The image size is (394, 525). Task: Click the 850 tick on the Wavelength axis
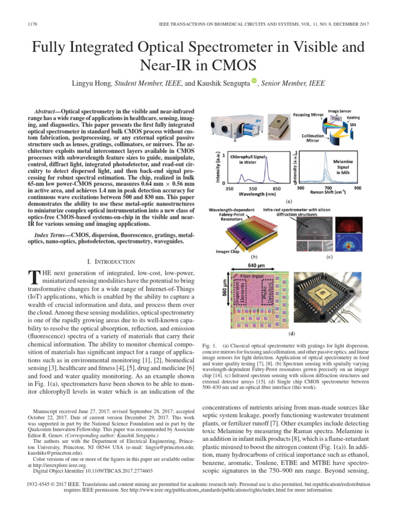[x=276, y=189]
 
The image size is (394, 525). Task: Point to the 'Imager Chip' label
[x=225, y=251]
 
